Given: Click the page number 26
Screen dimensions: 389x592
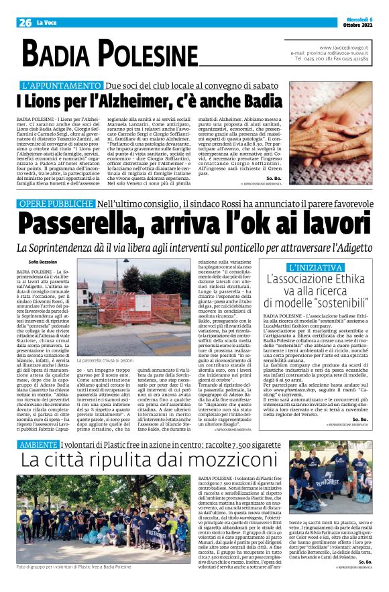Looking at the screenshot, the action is click(x=25, y=22).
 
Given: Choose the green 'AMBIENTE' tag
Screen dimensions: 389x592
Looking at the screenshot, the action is click(x=37, y=445).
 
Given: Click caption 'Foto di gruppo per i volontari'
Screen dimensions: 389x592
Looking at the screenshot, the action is click(x=74, y=568).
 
